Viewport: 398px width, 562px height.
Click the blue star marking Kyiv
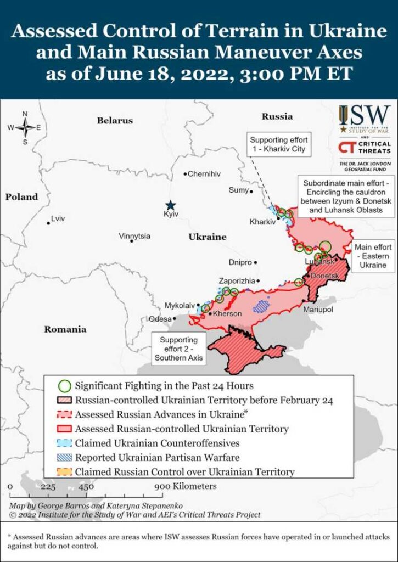coord(171,204)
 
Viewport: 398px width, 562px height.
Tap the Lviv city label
coord(57,218)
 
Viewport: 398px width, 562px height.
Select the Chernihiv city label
coord(204,174)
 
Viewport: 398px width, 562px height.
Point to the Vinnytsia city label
coord(134,236)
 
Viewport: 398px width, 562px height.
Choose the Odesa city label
coord(160,319)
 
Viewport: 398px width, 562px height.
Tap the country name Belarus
coord(115,120)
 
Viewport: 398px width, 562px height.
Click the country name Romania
coord(66,329)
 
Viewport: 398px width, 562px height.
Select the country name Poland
coord(22,196)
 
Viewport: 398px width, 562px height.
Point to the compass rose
coord(25,127)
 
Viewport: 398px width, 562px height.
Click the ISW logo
coord(364,119)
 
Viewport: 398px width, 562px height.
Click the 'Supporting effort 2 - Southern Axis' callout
coord(179,349)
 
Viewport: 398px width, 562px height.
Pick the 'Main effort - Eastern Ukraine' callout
coord(373,256)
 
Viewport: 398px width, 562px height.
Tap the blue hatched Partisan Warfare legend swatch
coord(65,457)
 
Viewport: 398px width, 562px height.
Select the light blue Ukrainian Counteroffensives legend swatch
coord(65,442)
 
